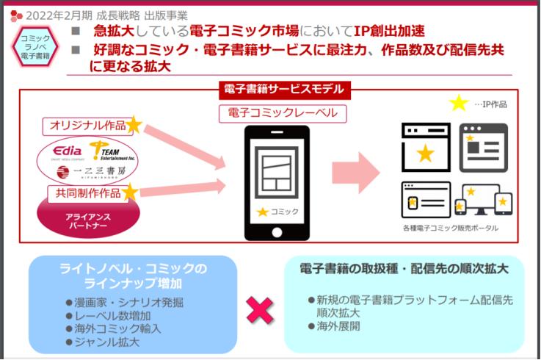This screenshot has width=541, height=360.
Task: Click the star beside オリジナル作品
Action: tap(134, 126)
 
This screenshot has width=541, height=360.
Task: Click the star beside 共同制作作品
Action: tap(130, 192)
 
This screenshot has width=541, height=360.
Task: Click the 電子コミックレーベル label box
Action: tap(283, 113)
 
